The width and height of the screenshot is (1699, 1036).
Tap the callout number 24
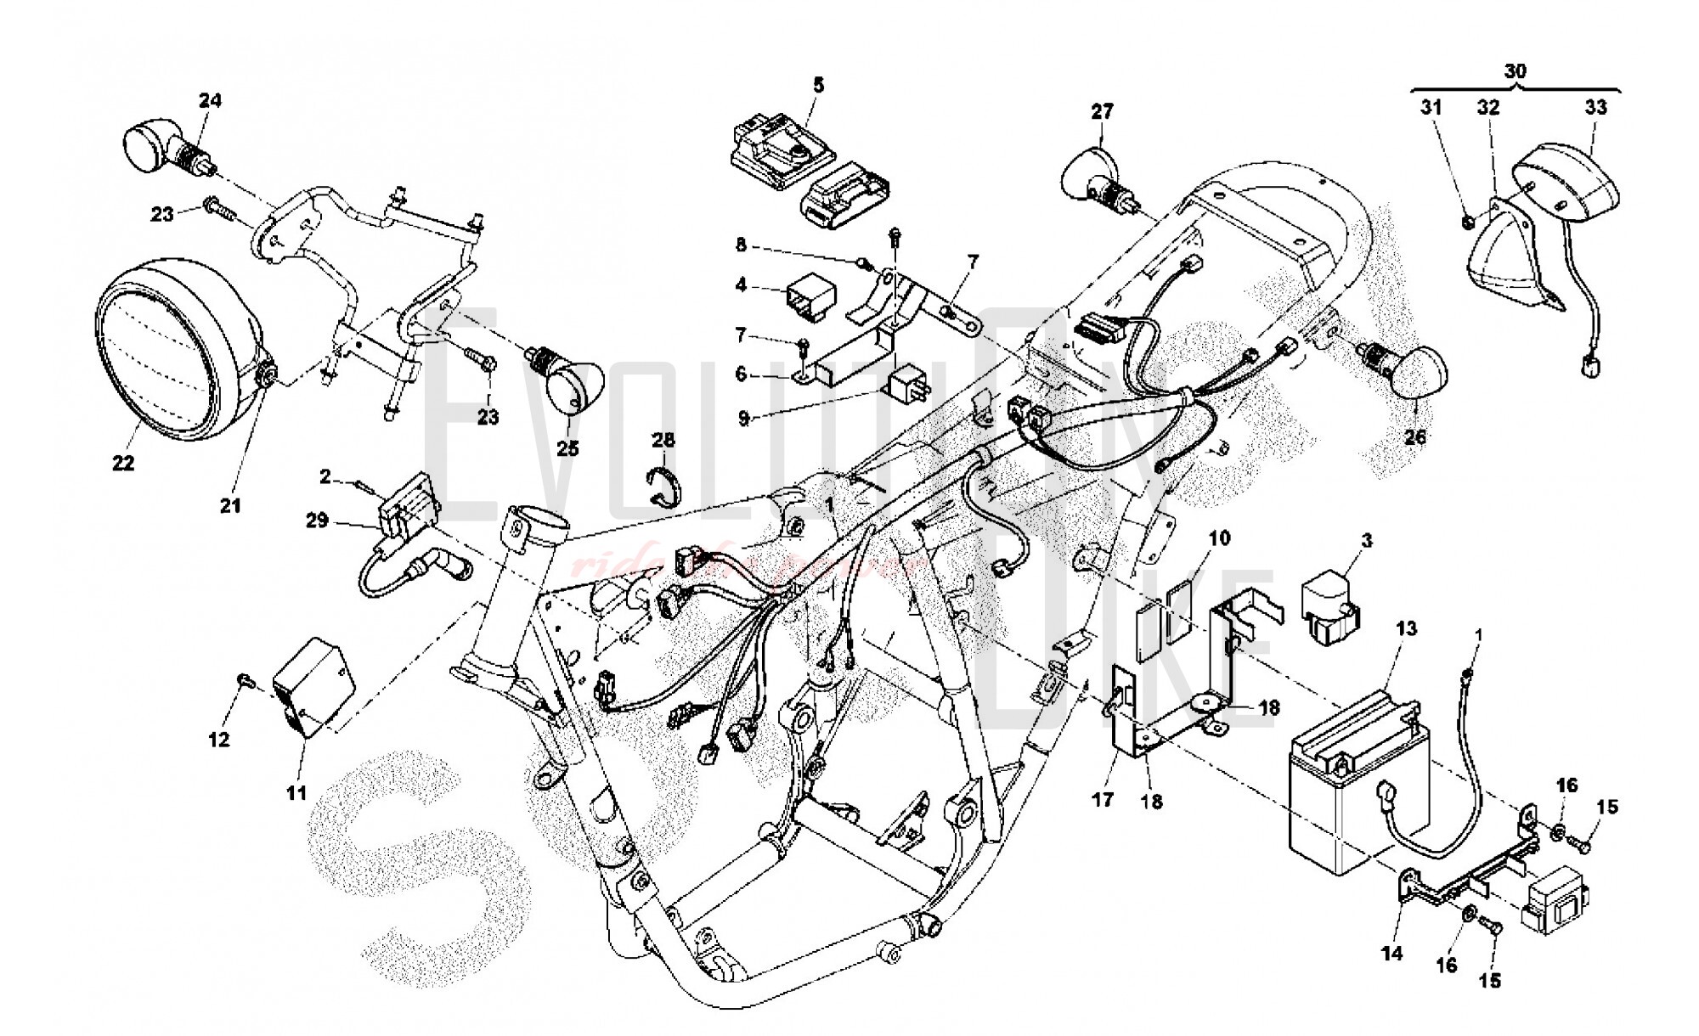coord(210,100)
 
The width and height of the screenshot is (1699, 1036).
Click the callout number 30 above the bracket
coord(1516,71)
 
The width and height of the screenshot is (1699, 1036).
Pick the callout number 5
coord(818,85)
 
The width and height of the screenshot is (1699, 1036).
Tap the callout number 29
coord(317,520)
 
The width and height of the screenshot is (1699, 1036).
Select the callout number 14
coord(1391,954)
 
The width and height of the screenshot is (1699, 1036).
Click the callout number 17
coord(1103,800)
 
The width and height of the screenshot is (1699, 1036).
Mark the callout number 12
coord(219,740)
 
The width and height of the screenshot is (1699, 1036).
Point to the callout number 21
coord(231,505)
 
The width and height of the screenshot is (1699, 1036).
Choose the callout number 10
coord(1219,538)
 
